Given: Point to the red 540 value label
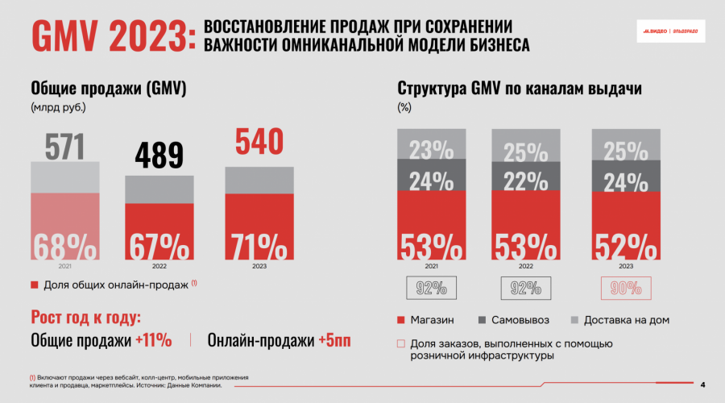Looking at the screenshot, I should coord(259,143).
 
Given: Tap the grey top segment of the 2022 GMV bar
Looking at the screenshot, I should coord(159,189).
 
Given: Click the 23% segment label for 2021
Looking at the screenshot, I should coord(431,150).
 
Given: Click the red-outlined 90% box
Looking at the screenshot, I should coord(626,288).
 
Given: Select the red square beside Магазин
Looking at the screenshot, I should coord(401,320).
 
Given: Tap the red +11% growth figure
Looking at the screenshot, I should coord(153,340).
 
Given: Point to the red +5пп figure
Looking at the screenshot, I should coord(334,340).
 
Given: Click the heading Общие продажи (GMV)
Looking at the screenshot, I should coord(109,89).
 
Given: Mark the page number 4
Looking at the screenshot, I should coord(702,384).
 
